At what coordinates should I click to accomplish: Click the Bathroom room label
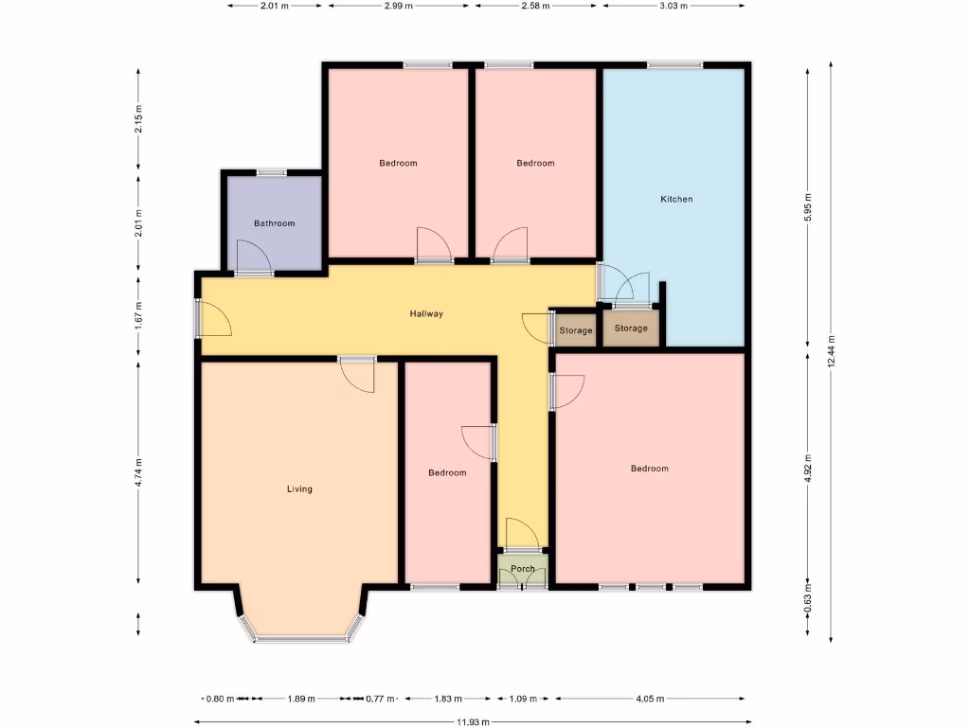click(x=274, y=223)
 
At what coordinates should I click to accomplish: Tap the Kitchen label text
click(x=676, y=199)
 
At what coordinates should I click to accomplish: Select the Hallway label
click(x=426, y=313)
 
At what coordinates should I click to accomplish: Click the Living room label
click(x=299, y=489)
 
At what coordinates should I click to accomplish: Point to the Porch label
click(x=523, y=569)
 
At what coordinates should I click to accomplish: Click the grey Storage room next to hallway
click(x=575, y=330)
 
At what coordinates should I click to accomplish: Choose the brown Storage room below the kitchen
click(x=631, y=328)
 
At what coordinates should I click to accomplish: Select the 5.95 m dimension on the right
click(x=807, y=205)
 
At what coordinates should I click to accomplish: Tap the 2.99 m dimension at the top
click(x=398, y=6)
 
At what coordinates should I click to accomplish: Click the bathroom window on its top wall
click(x=272, y=172)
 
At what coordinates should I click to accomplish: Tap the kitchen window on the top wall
click(x=675, y=64)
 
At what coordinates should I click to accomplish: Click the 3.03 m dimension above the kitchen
click(x=674, y=6)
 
